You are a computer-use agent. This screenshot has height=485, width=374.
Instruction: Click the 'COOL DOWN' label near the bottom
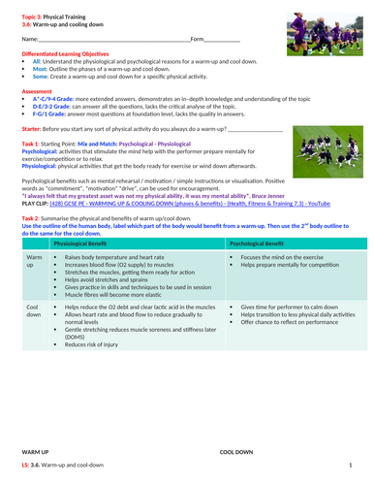[236, 453]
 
